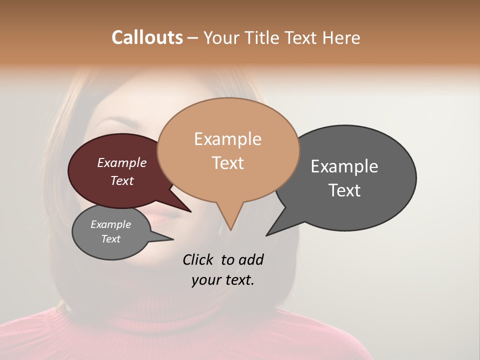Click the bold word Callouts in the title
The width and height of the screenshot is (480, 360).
[x=147, y=37]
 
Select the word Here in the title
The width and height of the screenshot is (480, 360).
[x=342, y=37]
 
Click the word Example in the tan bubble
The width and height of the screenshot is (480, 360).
[x=227, y=139]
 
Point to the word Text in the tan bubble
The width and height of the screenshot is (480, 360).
[x=227, y=163]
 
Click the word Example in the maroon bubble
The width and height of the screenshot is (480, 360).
[x=121, y=162]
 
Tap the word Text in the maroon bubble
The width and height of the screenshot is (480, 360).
[x=121, y=180]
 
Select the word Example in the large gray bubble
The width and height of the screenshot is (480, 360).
[x=344, y=166]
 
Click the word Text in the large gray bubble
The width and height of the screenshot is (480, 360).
[x=344, y=190]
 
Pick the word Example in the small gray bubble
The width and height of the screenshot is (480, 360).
[x=110, y=224]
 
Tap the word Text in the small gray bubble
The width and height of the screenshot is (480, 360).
[x=110, y=239]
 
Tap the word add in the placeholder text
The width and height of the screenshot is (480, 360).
[x=250, y=259]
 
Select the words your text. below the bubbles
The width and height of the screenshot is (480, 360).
[x=222, y=280]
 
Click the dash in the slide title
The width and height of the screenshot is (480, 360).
[x=193, y=37]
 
